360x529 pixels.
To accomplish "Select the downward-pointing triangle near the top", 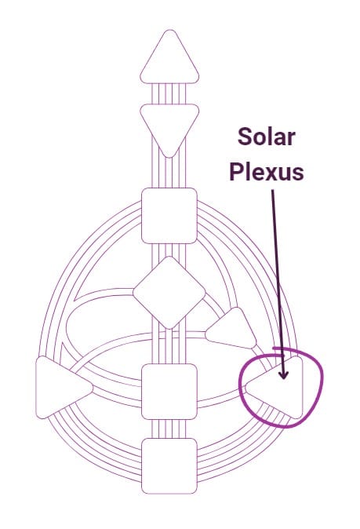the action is coord(169,125).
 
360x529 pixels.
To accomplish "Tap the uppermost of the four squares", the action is coord(169,216).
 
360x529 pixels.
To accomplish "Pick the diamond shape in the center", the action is coord(169,293).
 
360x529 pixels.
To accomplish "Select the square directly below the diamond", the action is coord(169,392).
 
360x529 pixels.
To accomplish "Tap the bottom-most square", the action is coord(169,466).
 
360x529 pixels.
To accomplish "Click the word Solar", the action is coord(267,137).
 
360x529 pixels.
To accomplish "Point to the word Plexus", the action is coord(267,172).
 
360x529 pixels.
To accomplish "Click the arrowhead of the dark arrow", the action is coord(283,374).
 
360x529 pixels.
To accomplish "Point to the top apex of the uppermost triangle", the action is coord(170,30).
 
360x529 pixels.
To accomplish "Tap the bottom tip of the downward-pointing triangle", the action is coord(169,157).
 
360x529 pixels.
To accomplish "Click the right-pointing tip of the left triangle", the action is coord(92,388).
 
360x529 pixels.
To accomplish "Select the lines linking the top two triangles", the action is coord(169,93).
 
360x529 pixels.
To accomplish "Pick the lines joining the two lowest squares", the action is coord(169,429).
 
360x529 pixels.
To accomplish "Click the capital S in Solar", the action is coord(244,137).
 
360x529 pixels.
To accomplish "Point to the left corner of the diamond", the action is coord(133,293).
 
